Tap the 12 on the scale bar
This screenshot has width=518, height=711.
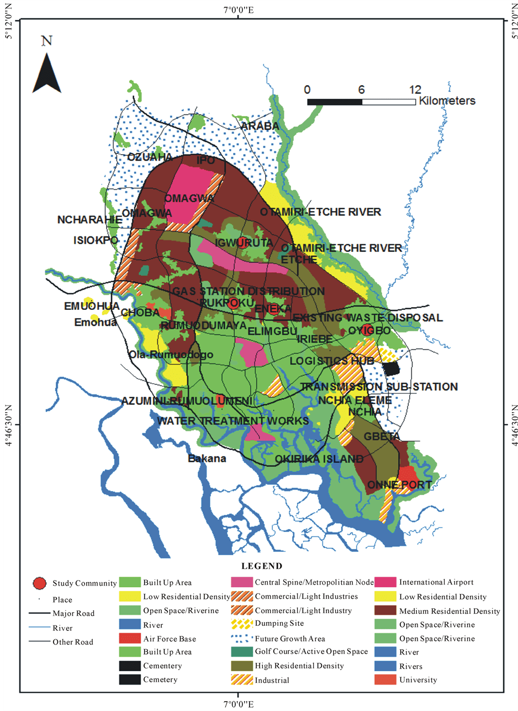[415, 89]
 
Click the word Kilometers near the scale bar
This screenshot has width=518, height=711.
[447, 101]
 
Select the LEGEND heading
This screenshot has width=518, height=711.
[261, 566]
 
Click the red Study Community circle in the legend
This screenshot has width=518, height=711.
[39, 583]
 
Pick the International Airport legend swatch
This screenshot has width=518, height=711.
[384, 582]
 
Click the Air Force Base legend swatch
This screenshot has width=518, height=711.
[129, 639]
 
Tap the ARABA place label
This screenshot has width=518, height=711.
[260, 127]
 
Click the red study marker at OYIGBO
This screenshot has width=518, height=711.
[354, 330]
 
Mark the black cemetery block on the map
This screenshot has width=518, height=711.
[391, 368]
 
